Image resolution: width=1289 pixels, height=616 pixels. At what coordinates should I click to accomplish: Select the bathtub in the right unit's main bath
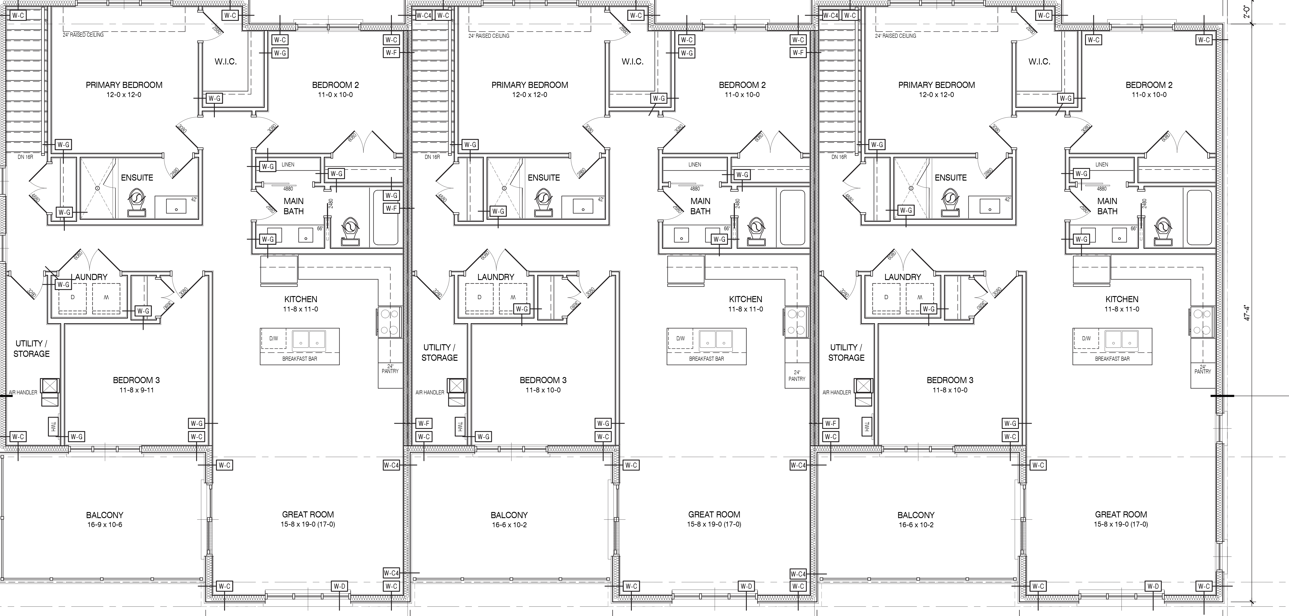click(1199, 217)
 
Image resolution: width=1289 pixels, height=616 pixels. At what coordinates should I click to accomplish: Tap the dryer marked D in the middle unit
click(479, 298)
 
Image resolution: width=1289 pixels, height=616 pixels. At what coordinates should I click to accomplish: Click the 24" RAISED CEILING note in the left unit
click(83, 35)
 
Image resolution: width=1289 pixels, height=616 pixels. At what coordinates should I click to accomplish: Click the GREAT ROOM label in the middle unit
click(714, 514)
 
